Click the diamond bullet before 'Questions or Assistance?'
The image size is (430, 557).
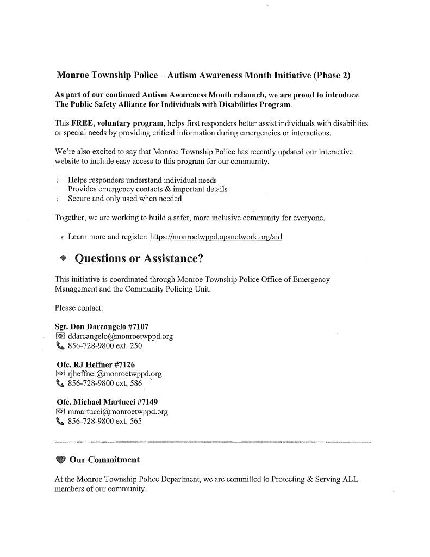pyautogui.click(x=63, y=259)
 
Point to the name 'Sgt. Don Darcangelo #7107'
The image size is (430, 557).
pyautogui.click(x=98, y=327)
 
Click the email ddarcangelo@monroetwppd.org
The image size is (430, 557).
pyautogui.click(x=120, y=336)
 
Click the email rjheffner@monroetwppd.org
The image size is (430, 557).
pyautogui.click(x=115, y=374)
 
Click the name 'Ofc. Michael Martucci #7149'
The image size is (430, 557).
pyautogui.click(x=100, y=402)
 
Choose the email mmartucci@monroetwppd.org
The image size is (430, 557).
pyautogui.click(x=117, y=411)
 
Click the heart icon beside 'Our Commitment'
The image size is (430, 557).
pyautogui.click(x=60, y=460)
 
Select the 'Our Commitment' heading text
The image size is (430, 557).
pyautogui.click(x=104, y=460)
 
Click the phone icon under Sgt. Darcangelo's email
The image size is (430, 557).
pyautogui.click(x=60, y=346)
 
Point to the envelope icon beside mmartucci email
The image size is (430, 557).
pyautogui.click(x=60, y=411)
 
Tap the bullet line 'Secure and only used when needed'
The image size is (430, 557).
pyautogui.click(x=124, y=199)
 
